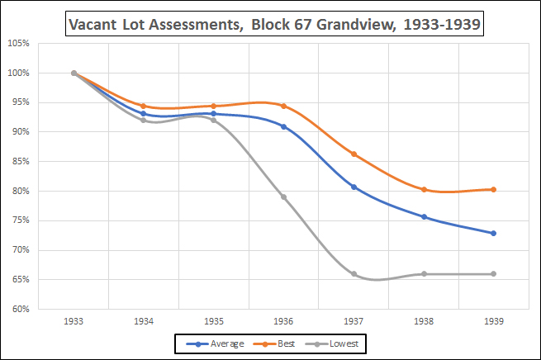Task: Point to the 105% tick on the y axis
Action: point(19,44)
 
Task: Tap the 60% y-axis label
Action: point(21,310)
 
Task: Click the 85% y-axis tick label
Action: point(21,162)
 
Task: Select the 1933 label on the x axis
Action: point(74,321)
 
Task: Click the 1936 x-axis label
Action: point(284,321)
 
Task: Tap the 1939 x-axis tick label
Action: point(494,321)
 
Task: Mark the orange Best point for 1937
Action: point(354,154)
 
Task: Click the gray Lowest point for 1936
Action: point(284,197)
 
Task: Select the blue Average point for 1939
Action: point(494,233)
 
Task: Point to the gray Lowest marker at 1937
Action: point(354,274)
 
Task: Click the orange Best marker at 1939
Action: point(494,189)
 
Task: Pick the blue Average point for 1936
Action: point(284,126)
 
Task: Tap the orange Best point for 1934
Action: point(144,107)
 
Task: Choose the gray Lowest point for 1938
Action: point(424,274)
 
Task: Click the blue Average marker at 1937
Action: point(354,187)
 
